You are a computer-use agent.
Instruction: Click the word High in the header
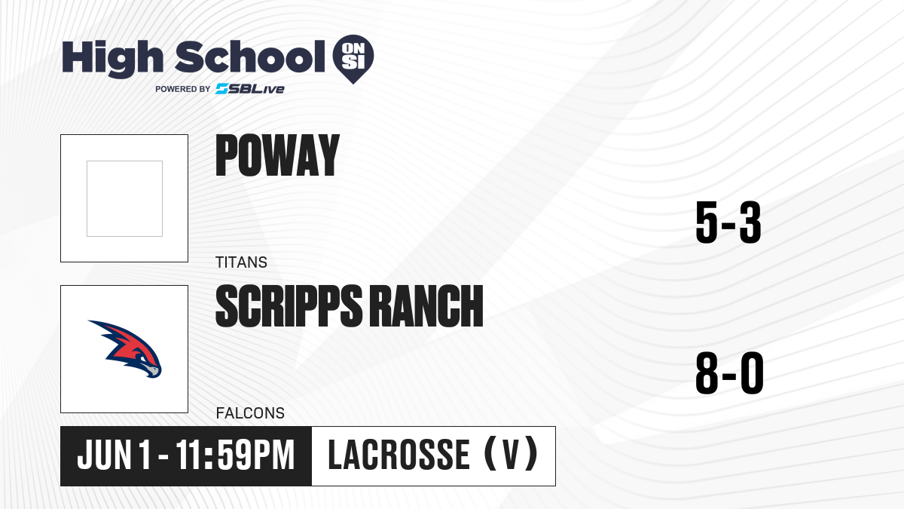[x=112, y=58]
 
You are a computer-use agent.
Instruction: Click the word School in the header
[x=250, y=57]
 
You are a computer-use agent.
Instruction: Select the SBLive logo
[x=250, y=88]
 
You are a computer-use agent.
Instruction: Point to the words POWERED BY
[x=183, y=89]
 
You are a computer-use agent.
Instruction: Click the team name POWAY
[x=277, y=155]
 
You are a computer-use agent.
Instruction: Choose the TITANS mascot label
[x=241, y=262]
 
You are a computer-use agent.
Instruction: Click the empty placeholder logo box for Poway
[x=124, y=198]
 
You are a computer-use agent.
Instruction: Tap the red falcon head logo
[x=126, y=348]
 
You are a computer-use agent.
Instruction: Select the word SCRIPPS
[x=289, y=306]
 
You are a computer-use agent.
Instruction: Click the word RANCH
[x=426, y=306]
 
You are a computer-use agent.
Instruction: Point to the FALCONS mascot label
[x=250, y=413]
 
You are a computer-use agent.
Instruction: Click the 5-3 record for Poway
[x=728, y=222]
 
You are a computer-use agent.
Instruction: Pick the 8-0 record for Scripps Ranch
[x=730, y=373]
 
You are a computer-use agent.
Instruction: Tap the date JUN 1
[x=114, y=455]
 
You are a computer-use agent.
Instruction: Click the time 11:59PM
[x=235, y=455]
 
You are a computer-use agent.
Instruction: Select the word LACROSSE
[x=399, y=455]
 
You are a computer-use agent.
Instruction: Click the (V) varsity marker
[x=511, y=454]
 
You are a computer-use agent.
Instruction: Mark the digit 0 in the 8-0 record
[x=753, y=373]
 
